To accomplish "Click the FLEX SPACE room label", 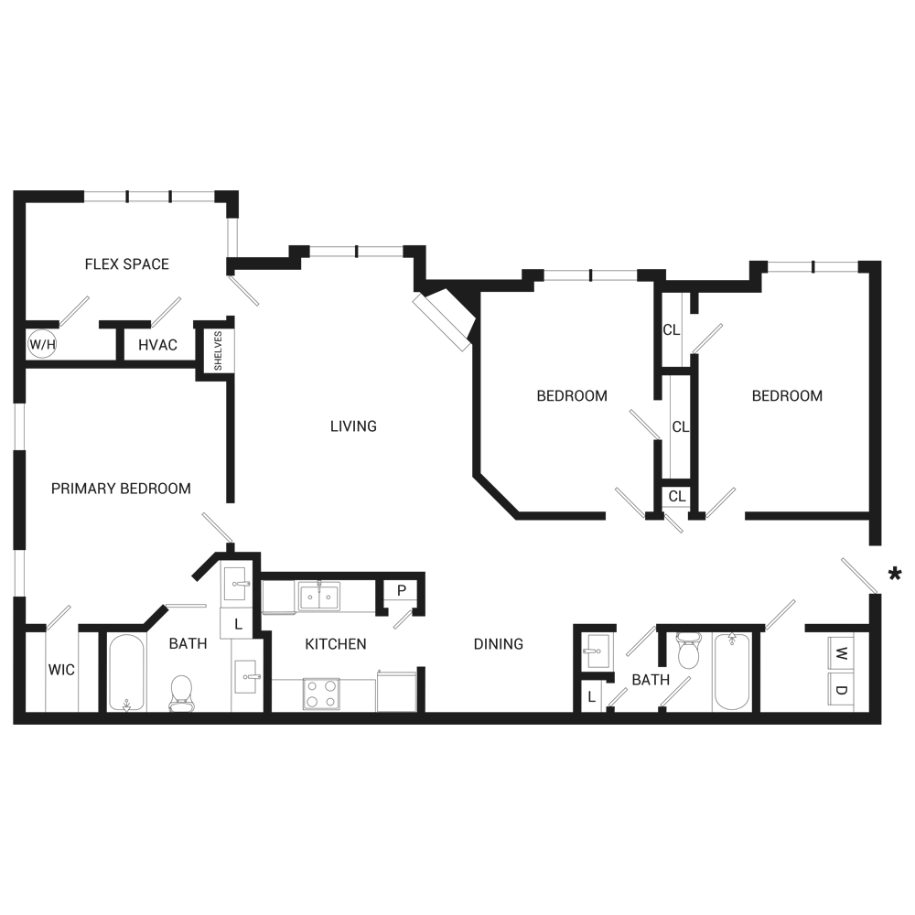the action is point(126,264).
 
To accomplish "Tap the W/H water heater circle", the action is point(40,345).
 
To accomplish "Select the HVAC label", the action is point(158,345).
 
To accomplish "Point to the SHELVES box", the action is point(219,349).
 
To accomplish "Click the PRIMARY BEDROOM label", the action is point(121,489).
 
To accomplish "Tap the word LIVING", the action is point(353,426).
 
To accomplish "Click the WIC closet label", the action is point(61,670).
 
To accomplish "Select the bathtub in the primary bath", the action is point(126,673).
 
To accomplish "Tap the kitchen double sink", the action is point(318,597).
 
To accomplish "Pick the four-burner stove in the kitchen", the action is point(321,694).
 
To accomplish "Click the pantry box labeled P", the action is point(401,590).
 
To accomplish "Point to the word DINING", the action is point(499,644).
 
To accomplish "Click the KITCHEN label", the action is point(336,644).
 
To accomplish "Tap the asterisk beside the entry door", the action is point(894,574).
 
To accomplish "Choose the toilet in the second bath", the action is point(688,650).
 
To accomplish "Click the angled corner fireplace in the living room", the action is point(446,318).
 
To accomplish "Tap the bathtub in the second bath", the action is point(732,671).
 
